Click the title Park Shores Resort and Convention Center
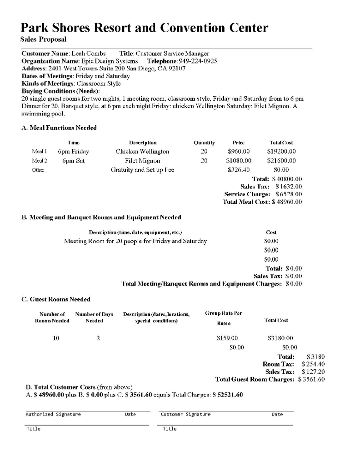point(145,28)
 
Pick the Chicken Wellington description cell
point(142,152)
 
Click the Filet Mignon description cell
point(142,161)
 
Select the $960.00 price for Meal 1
point(239,152)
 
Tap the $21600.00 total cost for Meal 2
point(281,161)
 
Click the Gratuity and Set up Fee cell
point(142,170)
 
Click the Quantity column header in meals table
point(204,143)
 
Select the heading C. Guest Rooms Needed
point(56,299)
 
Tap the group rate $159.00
point(228,338)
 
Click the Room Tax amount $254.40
point(313,364)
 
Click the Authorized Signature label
point(53,414)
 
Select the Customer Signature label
point(185,414)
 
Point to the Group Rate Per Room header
point(224,318)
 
